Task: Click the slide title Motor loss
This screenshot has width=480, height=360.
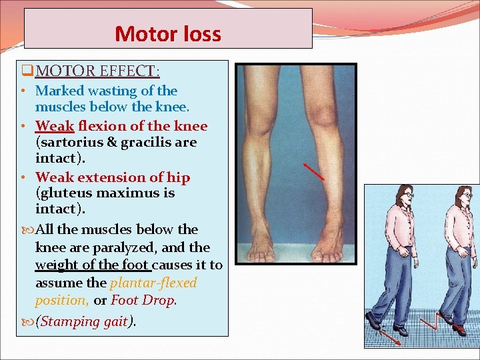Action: pyautogui.click(x=167, y=33)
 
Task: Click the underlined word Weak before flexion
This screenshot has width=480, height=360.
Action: pyautogui.click(x=54, y=126)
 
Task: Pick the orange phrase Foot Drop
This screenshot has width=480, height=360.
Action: pyautogui.click(x=143, y=301)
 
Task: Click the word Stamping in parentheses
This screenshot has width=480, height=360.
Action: pyautogui.click(x=70, y=321)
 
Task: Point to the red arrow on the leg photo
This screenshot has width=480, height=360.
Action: pyautogui.click(x=313, y=171)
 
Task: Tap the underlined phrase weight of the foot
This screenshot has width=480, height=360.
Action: pyautogui.click(x=93, y=265)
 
